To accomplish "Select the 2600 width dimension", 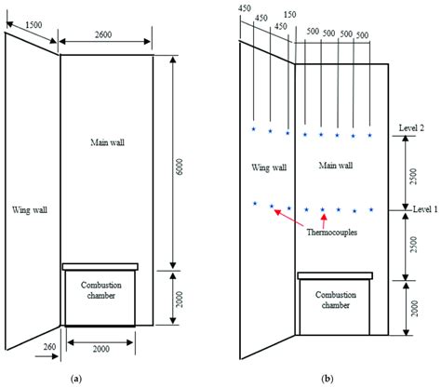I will (105, 34).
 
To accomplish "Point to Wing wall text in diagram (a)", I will (29, 210).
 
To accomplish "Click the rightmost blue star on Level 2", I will (370, 136).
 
